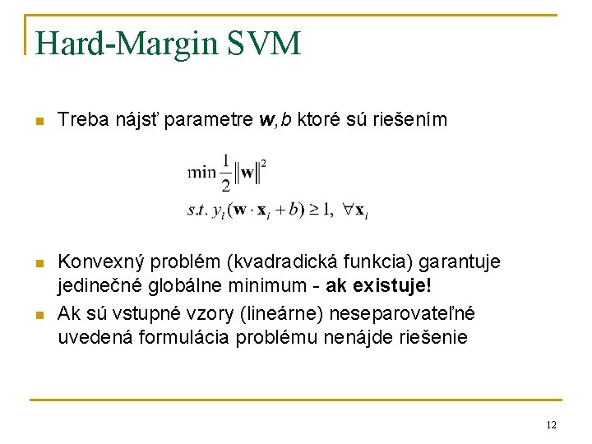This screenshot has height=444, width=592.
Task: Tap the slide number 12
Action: click(x=551, y=424)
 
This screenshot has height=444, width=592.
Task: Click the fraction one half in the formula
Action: click(x=225, y=173)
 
